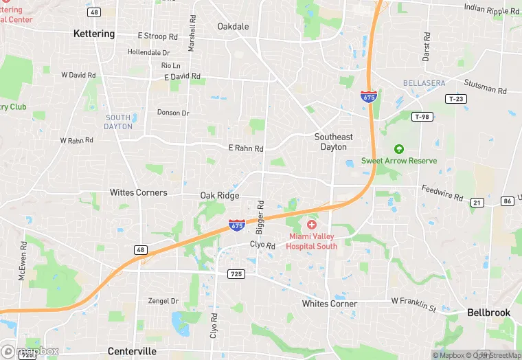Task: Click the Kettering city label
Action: click(94, 34)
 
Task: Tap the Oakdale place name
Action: click(233, 27)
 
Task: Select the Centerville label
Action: click(132, 351)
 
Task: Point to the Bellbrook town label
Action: click(488, 313)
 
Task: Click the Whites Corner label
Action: click(330, 304)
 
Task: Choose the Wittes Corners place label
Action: click(138, 193)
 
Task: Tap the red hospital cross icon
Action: click(312, 225)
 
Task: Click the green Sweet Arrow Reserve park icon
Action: click(398, 149)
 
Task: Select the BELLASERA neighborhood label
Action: click(424, 83)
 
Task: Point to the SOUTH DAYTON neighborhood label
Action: click(118, 122)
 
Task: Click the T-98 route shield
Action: click(423, 117)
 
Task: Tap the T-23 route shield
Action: click(456, 99)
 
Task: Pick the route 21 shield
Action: click(477, 202)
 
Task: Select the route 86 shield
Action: click(508, 201)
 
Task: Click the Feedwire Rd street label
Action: click(442, 192)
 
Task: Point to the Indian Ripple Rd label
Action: click(492, 10)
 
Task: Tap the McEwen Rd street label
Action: click(23, 260)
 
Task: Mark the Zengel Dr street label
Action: click(163, 301)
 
